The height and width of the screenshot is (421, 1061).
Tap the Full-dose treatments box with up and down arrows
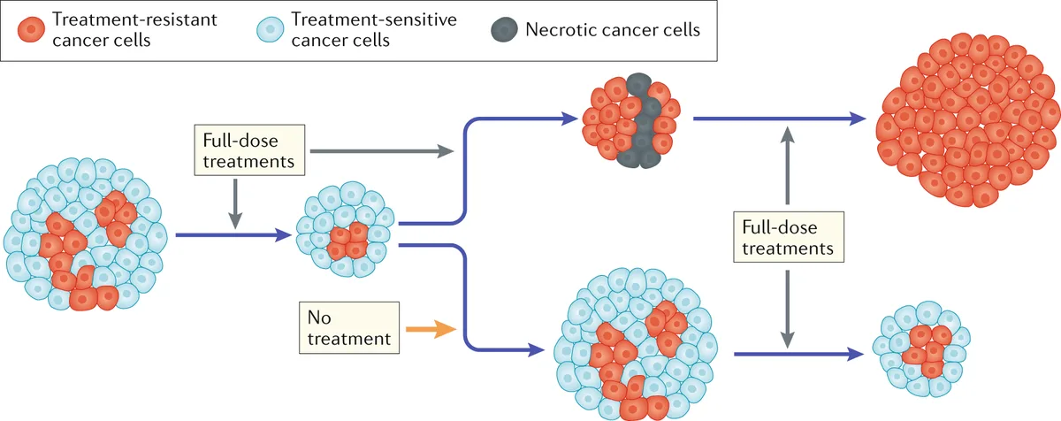point(787,237)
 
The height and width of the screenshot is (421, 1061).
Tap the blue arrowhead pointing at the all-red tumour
point(855,118)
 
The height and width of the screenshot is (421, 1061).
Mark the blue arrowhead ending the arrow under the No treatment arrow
point(537,351)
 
